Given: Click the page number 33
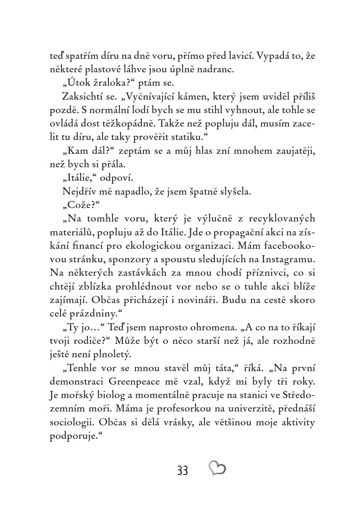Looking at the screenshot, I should pos(183,470).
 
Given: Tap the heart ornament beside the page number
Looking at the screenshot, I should pos(217,468).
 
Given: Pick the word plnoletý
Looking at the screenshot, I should pos(111,354).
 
